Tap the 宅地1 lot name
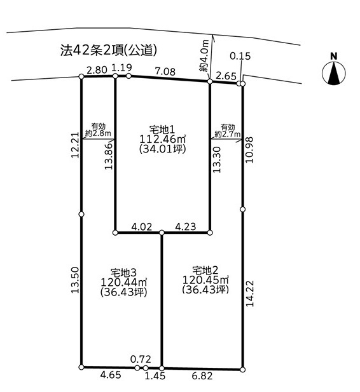[162, 130]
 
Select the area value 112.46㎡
[162, 139]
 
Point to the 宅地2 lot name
[205, 270]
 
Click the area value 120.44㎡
[123, 282]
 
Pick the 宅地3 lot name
[123, 273]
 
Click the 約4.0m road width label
[205, 55]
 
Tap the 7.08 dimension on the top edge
[165, 72]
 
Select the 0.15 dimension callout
[240, 56]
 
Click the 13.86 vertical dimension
[109, 156]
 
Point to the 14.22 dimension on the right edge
[250, 294]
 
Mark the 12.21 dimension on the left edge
[75, 145]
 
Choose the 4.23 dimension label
[185, 227]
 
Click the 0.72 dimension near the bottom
[141, 359]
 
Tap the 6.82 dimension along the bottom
[202, 375]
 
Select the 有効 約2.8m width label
[98, 130]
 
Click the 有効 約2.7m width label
[228, 131]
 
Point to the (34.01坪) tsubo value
[162, 149]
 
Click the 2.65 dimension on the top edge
[226, 76]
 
